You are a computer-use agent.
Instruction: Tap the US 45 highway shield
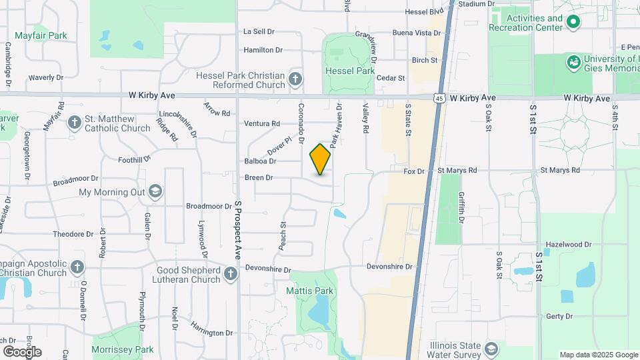[438, 98]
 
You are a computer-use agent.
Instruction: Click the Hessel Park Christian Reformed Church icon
[295, 81]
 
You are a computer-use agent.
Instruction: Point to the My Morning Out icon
[155, 193]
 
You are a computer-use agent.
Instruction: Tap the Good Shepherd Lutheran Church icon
[231, 274]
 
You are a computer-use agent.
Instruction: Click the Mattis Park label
[310, 291]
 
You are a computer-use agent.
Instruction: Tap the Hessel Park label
[350, 71]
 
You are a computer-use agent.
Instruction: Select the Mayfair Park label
[41, 35]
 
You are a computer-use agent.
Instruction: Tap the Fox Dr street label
[414, 171]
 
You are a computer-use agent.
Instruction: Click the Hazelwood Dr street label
[568, 245]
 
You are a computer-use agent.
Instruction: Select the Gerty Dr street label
[559, 316]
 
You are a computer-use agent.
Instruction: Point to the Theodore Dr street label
[73, 234]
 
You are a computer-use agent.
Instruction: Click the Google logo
[22, 352]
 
